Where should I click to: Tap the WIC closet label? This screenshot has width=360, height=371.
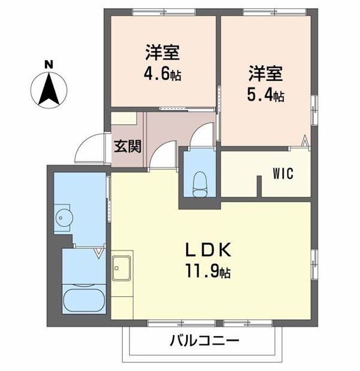[282, 174]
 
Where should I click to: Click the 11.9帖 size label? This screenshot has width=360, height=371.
[207, 272]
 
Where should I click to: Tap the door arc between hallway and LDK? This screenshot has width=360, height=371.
[162, 157]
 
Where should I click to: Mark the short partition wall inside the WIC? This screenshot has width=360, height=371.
[259, 185]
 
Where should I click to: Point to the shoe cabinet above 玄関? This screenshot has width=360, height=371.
[126, 118]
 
